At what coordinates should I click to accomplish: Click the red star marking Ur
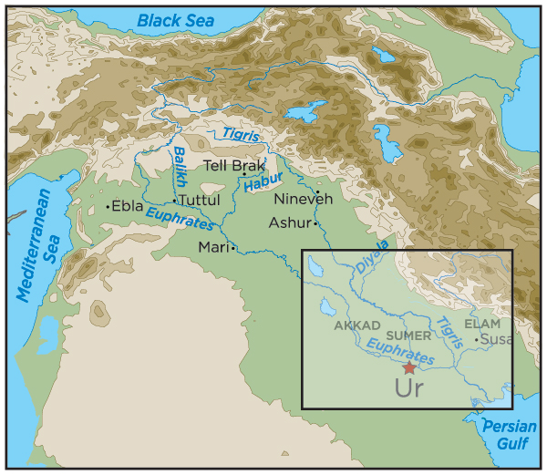click(409, 367)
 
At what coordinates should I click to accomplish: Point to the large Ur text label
click(409, 390)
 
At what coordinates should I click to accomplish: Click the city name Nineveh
click(298, 199)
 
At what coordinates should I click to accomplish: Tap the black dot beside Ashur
click(315, 222)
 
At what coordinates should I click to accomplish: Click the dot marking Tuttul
click(174, 201)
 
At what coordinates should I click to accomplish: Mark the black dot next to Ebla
click(108, 207)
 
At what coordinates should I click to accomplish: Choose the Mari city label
click(212, 247)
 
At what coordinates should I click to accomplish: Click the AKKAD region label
click(356, 325)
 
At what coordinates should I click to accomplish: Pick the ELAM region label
click(482, 323)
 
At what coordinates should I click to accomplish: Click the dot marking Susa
click(475, 340)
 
